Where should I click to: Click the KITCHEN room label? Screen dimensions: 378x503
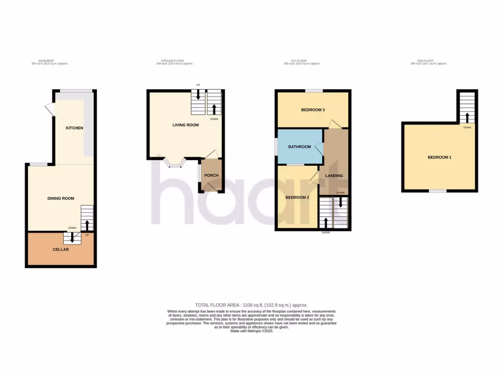pyautogui.click(x=75, y=128)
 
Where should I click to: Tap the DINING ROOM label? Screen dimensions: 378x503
pyautogui.click(x=61, y=198)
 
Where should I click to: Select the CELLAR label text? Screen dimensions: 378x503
pyautogui.click(x=61, y=250)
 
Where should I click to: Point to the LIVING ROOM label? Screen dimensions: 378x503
pyautogui.click(x=185, y=125)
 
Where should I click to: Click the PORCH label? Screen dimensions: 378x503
pyautogui.click(x=211, y=176)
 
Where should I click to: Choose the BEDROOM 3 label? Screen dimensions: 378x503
pyautogui.click(x=313, y=110)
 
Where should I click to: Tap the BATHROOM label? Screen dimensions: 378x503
pyautogui.click(x=299, y=147)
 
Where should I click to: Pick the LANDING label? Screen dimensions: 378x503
pyautogui.click(x=334, y=176)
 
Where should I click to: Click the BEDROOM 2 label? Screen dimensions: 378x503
pyautogui.click(x=297, y=197)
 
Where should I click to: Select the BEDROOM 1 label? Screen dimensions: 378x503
pyautogui.click(x=439, y=157)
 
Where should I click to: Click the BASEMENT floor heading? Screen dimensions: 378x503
pyautogui.click(x=46, y=61)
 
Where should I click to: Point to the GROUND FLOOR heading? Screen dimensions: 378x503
pyautogui.click(x=174, y=61)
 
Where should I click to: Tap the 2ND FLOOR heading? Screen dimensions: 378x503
pyautogui.click(x=429, y=61)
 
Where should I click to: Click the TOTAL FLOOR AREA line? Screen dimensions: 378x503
pyautogui.click(x=251, y=305)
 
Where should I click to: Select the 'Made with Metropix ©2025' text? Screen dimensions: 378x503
pyautogui.click(x=251, y=331)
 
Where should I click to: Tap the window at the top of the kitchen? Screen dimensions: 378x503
pyautogui.click(x=76, y=91)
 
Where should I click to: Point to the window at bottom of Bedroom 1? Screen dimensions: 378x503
pyautogui.click(x=438, y=191)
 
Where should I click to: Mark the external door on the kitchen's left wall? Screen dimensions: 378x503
pyautogui.click(x=50, y=109)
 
